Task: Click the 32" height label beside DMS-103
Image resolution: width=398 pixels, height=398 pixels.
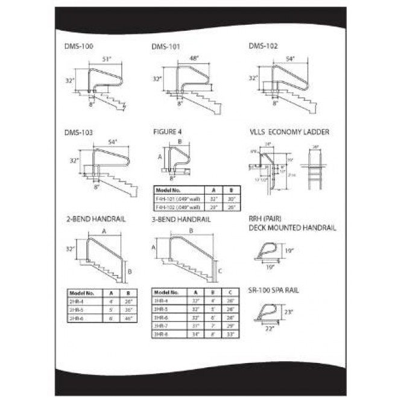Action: coord(74,161)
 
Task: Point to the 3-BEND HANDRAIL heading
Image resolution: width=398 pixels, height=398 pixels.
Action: coord(182,220)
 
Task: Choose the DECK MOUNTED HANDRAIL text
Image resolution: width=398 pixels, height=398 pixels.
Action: coord(292,228)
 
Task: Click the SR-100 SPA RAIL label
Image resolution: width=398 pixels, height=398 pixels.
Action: coord(274,290)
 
